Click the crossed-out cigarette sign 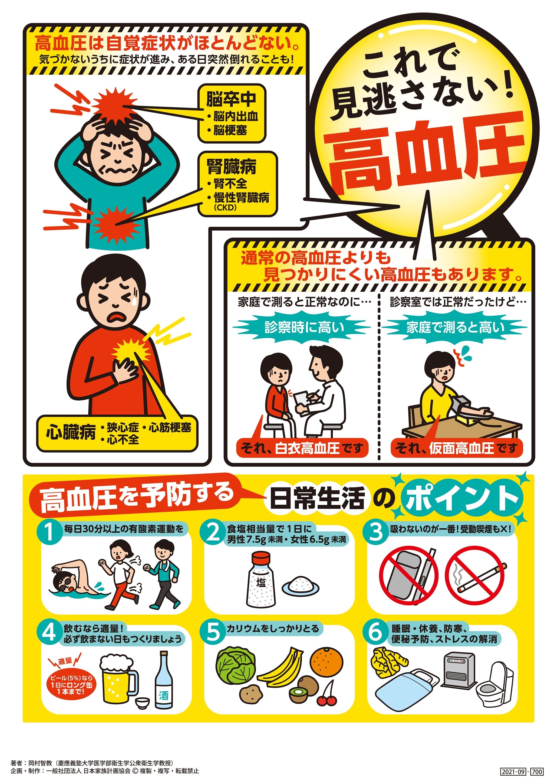475,575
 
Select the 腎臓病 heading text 232,167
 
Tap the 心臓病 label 71,433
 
